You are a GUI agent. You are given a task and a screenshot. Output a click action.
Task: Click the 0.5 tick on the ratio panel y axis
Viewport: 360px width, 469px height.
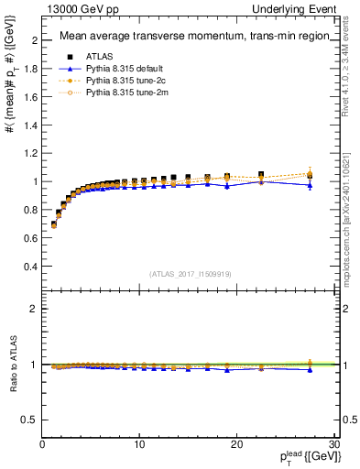click(30, 420)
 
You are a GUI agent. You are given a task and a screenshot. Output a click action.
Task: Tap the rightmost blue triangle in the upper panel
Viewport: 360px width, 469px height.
click(310, 185)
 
